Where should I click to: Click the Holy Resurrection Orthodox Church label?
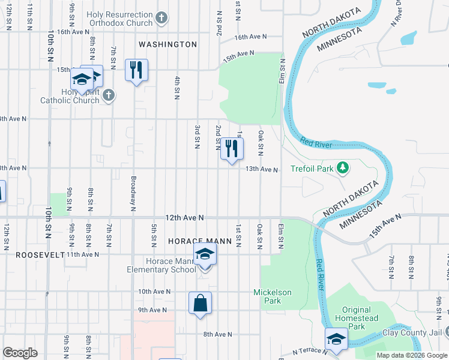119,18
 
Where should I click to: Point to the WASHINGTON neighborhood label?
167,44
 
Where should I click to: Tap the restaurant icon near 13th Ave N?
232,149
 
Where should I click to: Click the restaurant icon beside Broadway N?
137,70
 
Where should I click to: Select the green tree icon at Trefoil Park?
343,168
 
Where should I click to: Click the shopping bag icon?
200,304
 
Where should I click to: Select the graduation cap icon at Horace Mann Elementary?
205,254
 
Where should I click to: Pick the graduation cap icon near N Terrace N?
336,340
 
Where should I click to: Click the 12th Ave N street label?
185,217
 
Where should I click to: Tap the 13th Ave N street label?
262,170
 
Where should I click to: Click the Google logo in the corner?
20,353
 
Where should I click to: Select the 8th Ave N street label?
217,334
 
